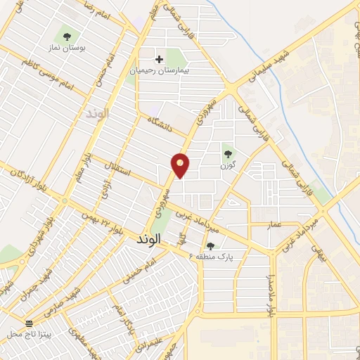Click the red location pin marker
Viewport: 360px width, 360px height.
click(181, 165)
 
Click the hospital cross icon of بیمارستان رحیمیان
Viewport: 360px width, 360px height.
click(160, 59)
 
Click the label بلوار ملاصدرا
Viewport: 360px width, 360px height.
click(270, 295)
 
